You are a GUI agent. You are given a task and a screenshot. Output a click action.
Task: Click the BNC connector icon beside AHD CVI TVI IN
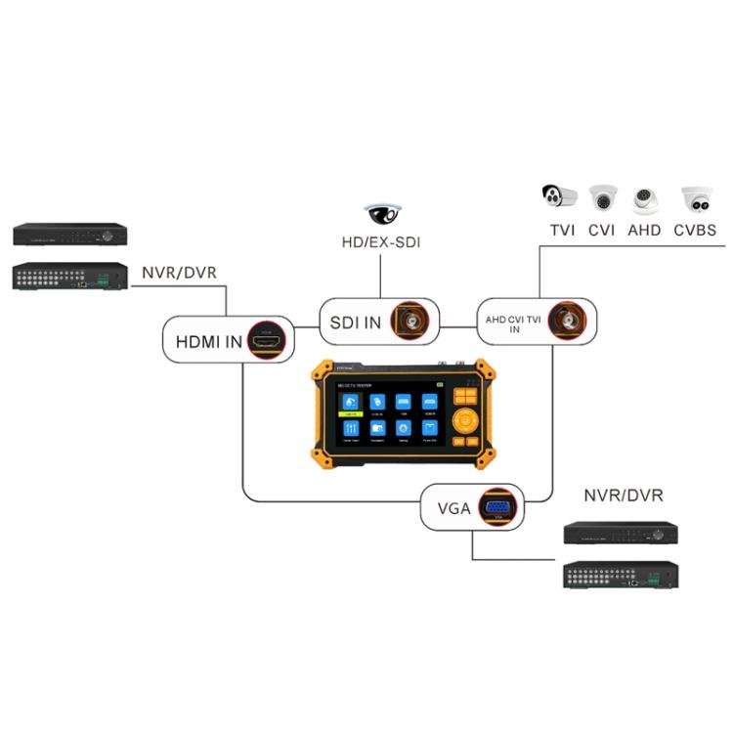click(566, 320)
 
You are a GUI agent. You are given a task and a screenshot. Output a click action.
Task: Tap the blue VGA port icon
click(498, 507)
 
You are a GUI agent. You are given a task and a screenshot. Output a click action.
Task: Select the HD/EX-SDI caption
click(381, 242)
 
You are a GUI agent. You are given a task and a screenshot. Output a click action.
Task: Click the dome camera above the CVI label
click(602, 199)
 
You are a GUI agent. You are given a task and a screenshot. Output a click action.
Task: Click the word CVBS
click(696, 231)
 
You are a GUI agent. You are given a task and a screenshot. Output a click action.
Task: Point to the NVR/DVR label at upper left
click(179, 272)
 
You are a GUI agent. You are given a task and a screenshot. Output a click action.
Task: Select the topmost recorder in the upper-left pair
click(70, 235)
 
